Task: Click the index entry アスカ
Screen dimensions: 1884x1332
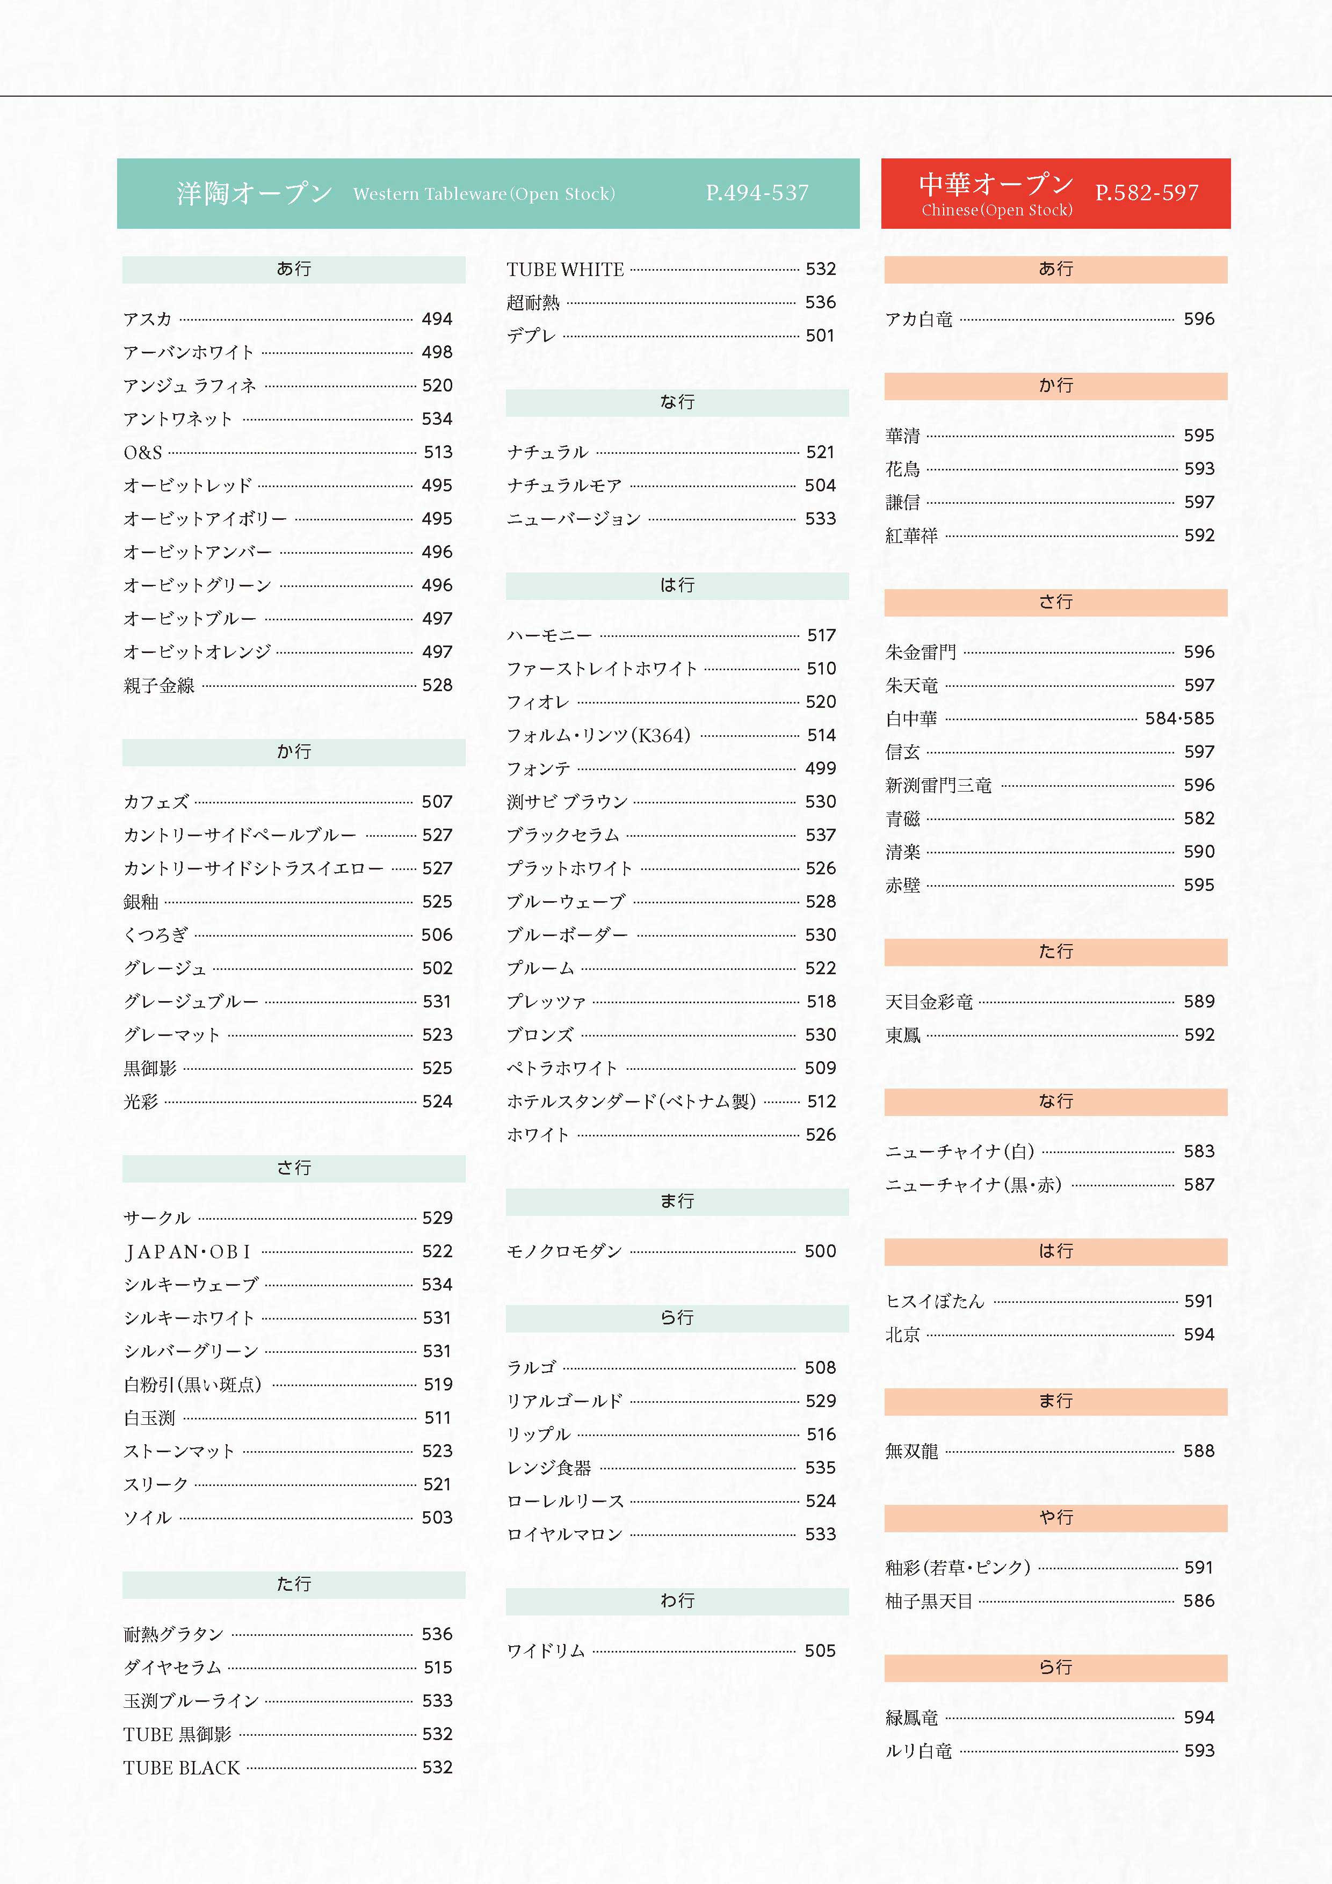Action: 148,319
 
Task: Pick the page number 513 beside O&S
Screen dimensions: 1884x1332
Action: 437,452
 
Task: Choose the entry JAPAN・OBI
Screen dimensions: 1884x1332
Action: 187,1251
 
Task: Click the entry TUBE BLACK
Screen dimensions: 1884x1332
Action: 182,1767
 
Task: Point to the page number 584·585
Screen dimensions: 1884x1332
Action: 1179,719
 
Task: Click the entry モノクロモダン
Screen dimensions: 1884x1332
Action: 564,1251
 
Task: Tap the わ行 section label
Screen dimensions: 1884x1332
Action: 677,1601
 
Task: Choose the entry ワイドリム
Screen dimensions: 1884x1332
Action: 546,1651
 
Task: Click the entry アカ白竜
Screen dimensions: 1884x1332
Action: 918,319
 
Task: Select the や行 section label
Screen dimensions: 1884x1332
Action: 1055,1518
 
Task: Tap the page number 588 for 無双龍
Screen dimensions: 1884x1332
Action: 1198,1451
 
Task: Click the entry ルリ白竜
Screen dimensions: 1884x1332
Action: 918,1751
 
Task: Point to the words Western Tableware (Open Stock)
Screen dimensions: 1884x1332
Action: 483,194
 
